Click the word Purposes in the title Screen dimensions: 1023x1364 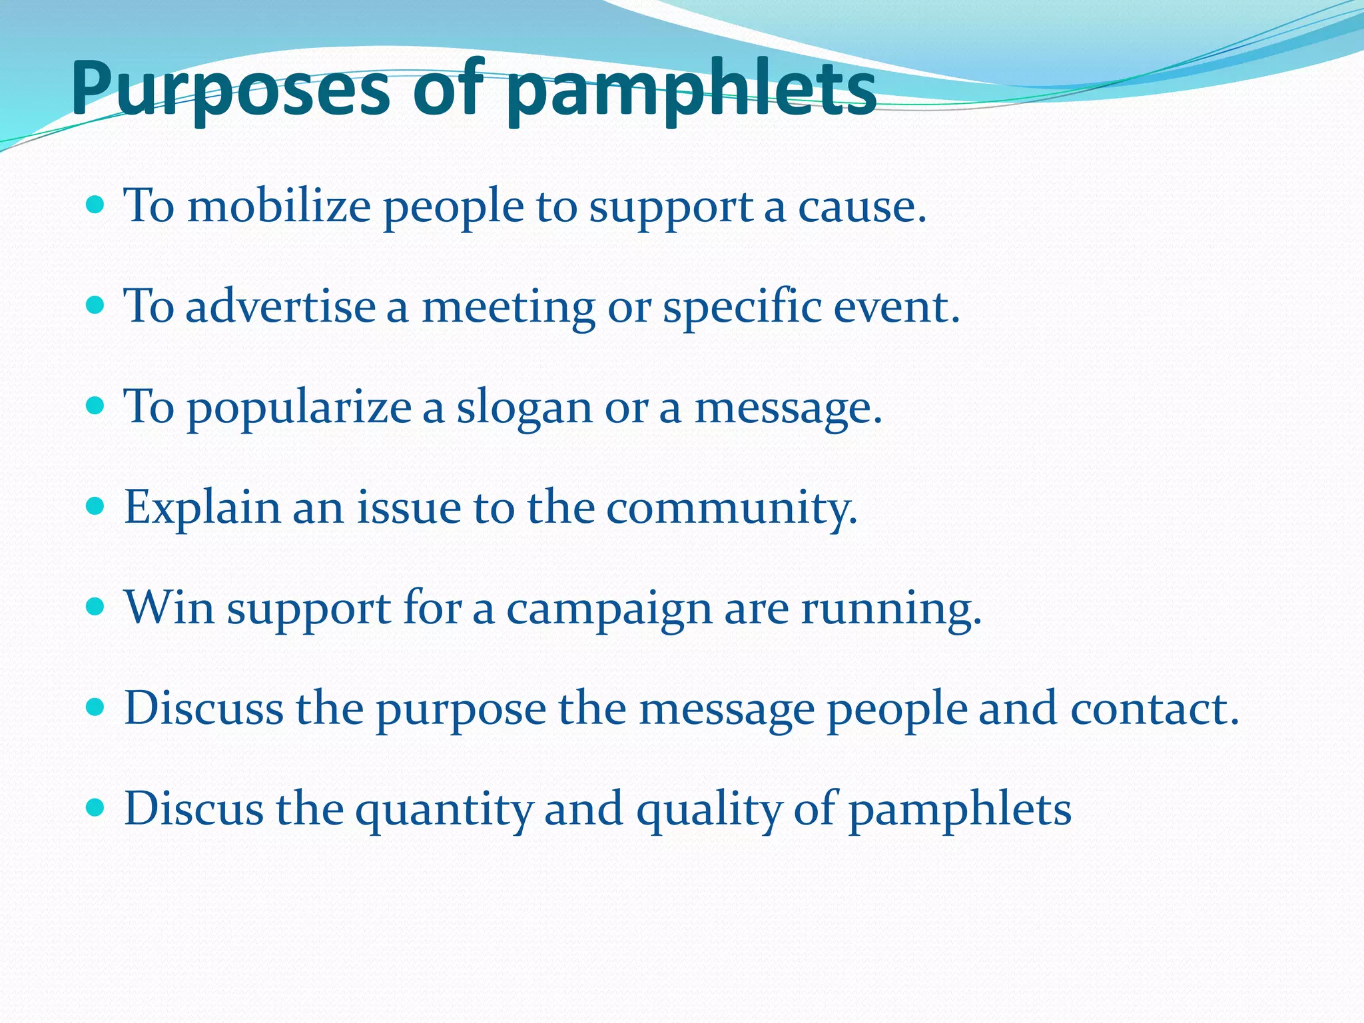[x=230, y=90]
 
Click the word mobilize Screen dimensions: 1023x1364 [x=278, y=206]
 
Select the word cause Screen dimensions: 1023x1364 [x=861, y=206]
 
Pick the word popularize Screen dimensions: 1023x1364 [x=299, y=408]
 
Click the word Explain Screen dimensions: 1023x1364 [x=202, y=508]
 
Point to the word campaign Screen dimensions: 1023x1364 [x=609, y=609]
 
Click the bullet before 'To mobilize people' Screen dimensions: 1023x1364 [x=96, y=204]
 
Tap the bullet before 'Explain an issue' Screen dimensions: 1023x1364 [x=96, y=506]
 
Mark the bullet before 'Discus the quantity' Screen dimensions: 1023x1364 [x=96, y=808]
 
